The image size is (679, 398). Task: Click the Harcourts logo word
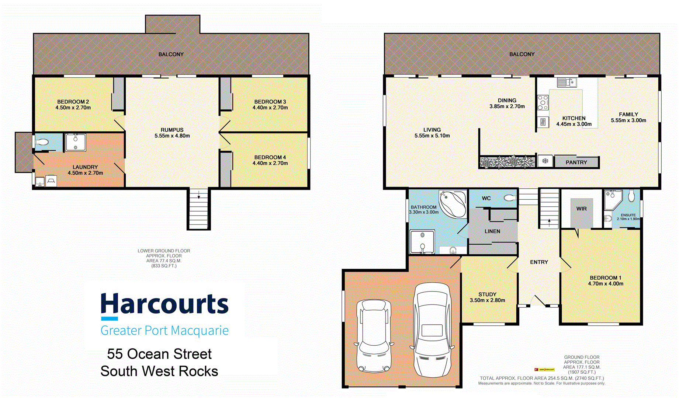(164, 304)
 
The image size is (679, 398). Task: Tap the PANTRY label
(576, 163)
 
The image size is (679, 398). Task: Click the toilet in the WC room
(511, 198)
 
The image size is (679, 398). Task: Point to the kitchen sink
(567, 82)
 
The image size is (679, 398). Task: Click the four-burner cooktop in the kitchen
(543, 103)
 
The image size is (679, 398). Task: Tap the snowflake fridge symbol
(545, 161)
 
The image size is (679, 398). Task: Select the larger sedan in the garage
(432, 329)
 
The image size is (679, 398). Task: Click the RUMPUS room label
(172, 130)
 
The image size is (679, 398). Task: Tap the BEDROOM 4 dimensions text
(270, 163)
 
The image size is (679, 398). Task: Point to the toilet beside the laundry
(43, 142)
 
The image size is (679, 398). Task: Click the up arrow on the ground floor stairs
(549, 222)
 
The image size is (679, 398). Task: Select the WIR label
(581, 209)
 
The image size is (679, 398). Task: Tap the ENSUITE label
(628, 215)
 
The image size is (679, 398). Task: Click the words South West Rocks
(159, 371)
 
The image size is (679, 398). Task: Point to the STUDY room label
(487, 294)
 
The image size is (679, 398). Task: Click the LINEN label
(492, 231)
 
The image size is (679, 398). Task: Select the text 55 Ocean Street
(159, 354)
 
